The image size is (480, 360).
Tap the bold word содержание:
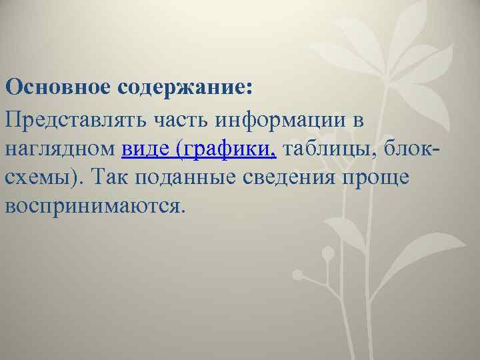tap(182, 87)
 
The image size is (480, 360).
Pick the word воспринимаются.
tap(93, 206)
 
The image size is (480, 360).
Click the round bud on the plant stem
tap(327, 253)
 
